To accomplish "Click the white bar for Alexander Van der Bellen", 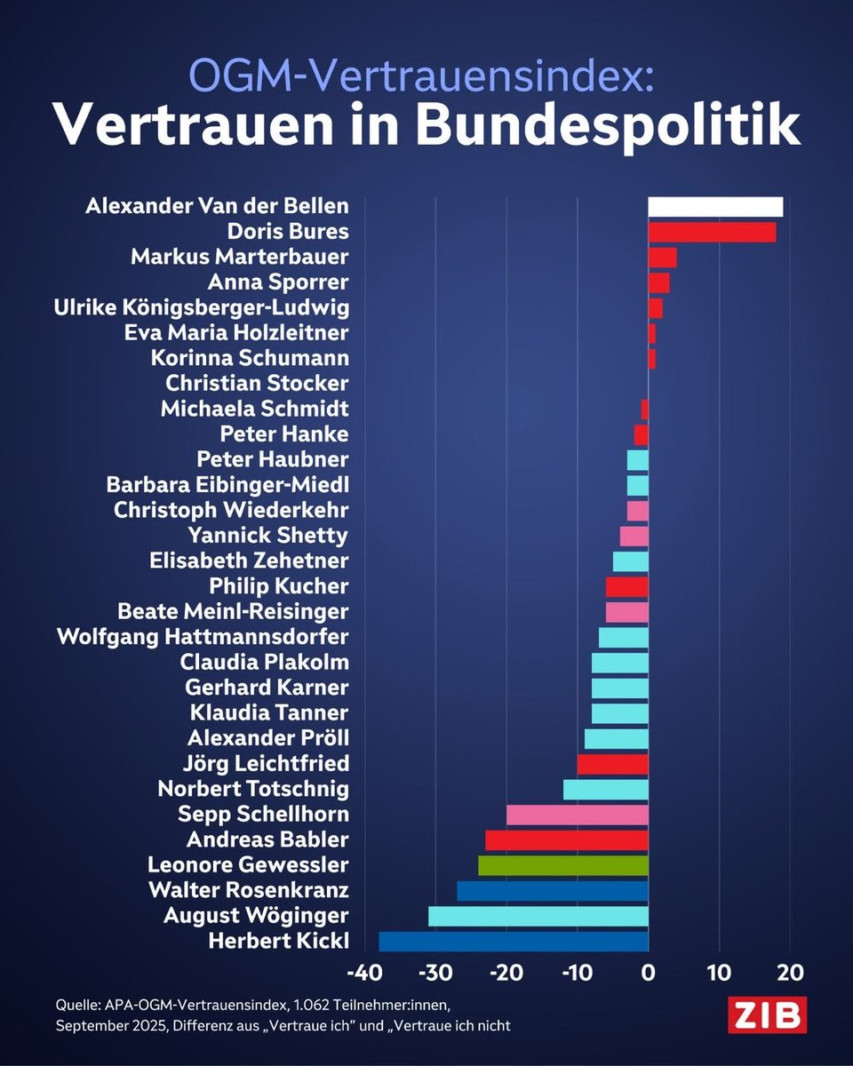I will click(x=715, y=207).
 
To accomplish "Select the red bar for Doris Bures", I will click(x=712, y=232).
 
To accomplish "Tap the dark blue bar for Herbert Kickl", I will click(x=514, y=942).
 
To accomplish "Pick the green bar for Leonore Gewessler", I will click(x=563, y=865).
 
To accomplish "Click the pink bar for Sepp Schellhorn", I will click(x=578, y=815).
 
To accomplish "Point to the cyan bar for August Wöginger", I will click(x=538, y=916).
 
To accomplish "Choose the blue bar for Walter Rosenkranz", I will click(x=553, y=891).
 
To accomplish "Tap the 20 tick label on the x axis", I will click(x=790, y=972).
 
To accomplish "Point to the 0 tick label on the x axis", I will click(x=649, y=972).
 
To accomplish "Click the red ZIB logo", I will click(x=767, y=1015).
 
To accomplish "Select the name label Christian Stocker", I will click(x=257, y=384).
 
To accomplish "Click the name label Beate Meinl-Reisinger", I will click(x=233, y=611).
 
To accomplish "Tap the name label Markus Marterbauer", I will click(x=240, y=257).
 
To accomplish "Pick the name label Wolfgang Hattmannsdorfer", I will click(x=203, y=637).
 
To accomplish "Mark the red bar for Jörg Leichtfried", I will click(x=613, y=764).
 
